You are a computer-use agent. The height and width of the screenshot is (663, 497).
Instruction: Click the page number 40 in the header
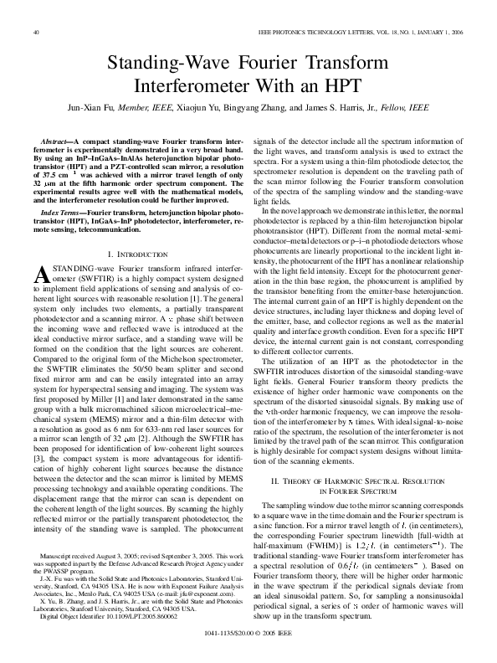(x=36, y=32)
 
